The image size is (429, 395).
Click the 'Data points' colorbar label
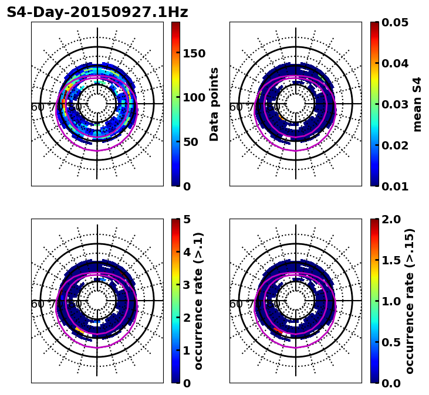point(214,104)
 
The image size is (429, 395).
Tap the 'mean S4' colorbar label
point(417,104)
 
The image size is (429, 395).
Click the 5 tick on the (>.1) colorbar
point(187,219)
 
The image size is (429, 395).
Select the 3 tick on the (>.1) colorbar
point(187,285)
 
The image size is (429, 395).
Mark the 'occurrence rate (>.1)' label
point(199,301)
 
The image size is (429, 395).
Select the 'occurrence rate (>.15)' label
point(410,301)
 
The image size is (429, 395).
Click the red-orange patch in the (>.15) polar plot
point(278,331)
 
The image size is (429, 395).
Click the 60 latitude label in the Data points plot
point(37,107)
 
